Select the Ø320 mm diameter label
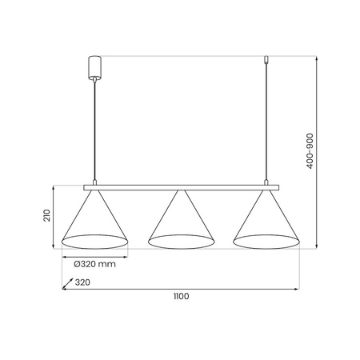pos(94,263)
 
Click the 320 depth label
pos(82,282)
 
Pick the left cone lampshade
pos(95,220)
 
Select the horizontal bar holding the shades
pos(180,187)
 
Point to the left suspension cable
pos(95,128)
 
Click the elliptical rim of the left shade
pos(95,240)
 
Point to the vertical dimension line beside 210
pos(54,216)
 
